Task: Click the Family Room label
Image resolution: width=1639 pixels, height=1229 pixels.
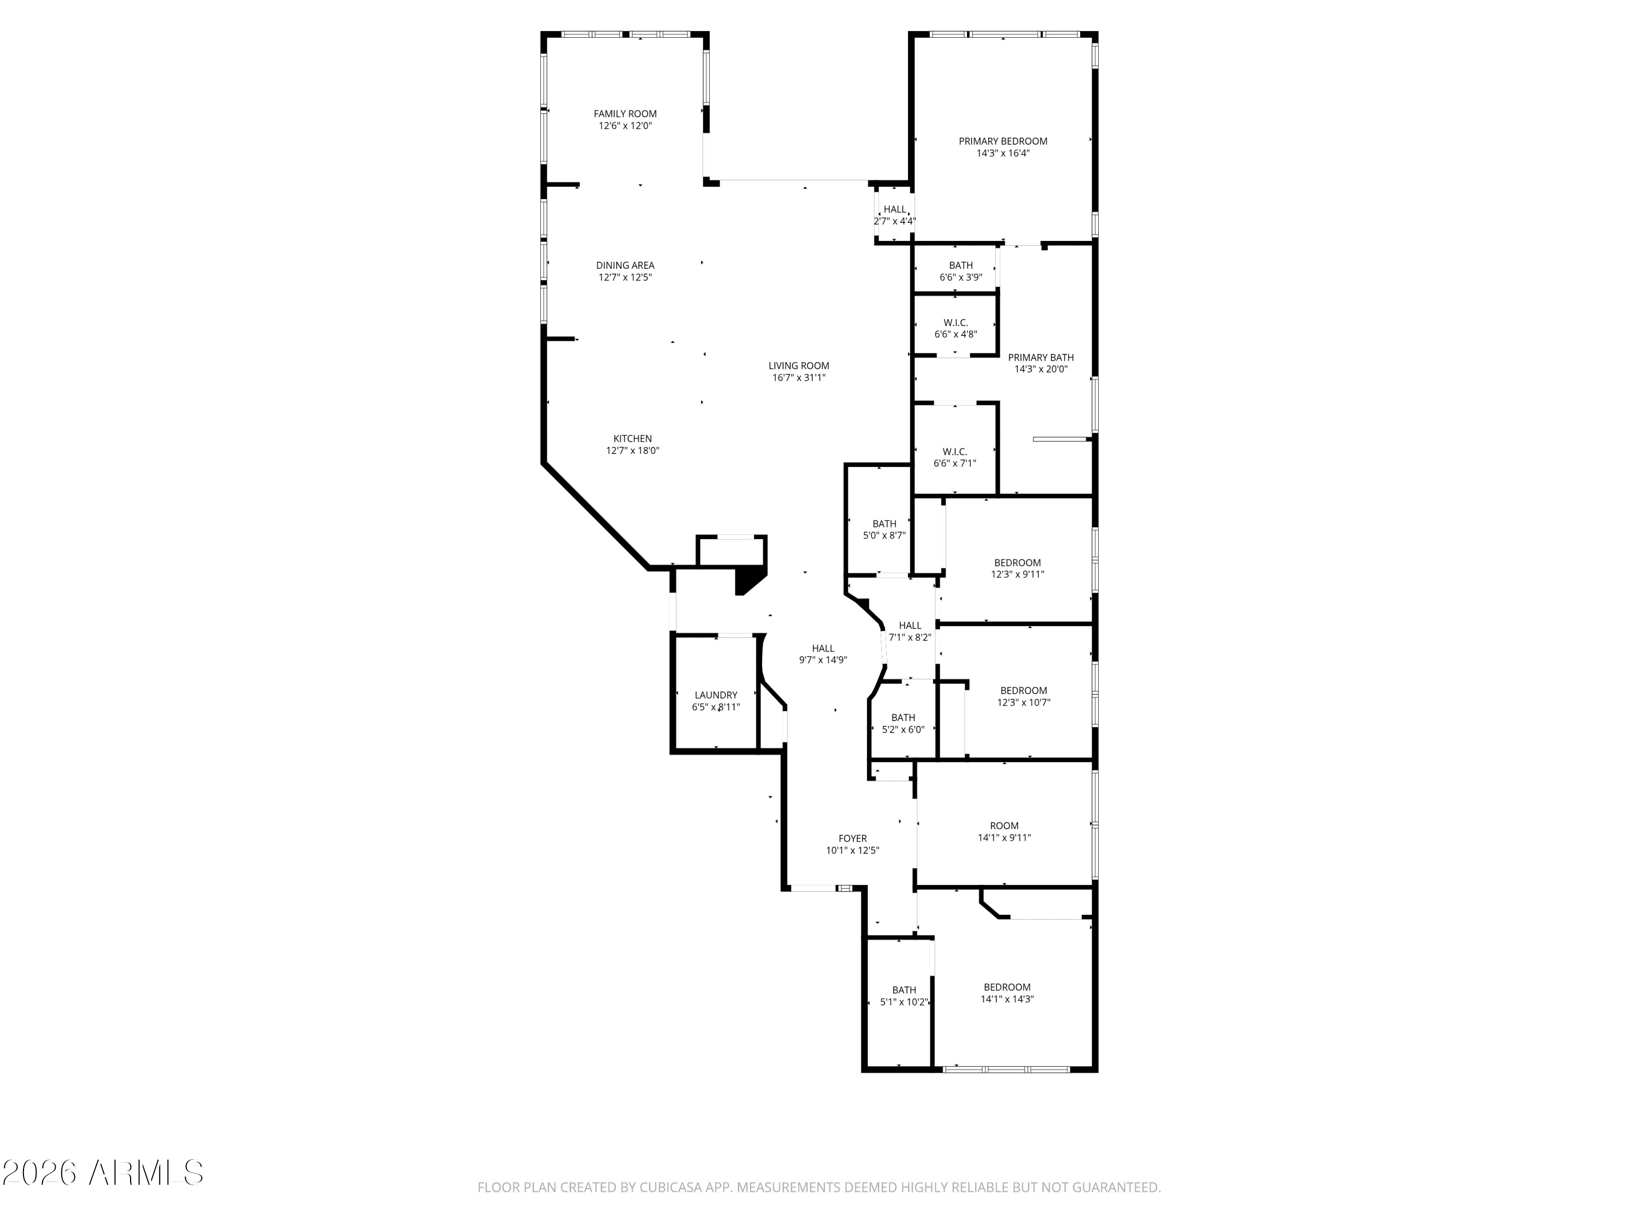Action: [624, 114]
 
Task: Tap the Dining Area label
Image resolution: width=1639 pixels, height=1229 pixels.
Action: [624, 265]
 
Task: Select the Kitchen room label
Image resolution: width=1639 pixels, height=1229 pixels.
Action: [632, 439]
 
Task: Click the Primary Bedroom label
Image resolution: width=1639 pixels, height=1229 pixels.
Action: [1003, 141]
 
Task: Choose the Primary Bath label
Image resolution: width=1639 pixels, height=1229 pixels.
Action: [1040, 358]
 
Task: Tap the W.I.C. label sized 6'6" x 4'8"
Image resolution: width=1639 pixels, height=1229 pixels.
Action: [955, 323]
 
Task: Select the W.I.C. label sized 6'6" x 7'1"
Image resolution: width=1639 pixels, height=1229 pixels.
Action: [954, 452]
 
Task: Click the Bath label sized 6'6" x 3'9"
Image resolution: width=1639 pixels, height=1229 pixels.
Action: [960, 265]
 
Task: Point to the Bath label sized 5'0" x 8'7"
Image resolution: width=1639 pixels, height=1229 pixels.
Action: [884, 524]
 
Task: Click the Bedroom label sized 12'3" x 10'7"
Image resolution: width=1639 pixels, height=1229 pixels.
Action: [1023, 691]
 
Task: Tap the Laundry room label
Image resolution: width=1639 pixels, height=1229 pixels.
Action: [716, 695]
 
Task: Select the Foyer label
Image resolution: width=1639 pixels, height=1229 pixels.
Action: [852, 838]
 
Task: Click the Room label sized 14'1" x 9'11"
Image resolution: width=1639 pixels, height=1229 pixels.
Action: [1004, 826]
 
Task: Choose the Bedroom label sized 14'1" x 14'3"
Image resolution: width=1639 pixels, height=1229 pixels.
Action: [1007, 988]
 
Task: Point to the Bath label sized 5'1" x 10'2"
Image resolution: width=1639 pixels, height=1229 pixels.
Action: [904, 990]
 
